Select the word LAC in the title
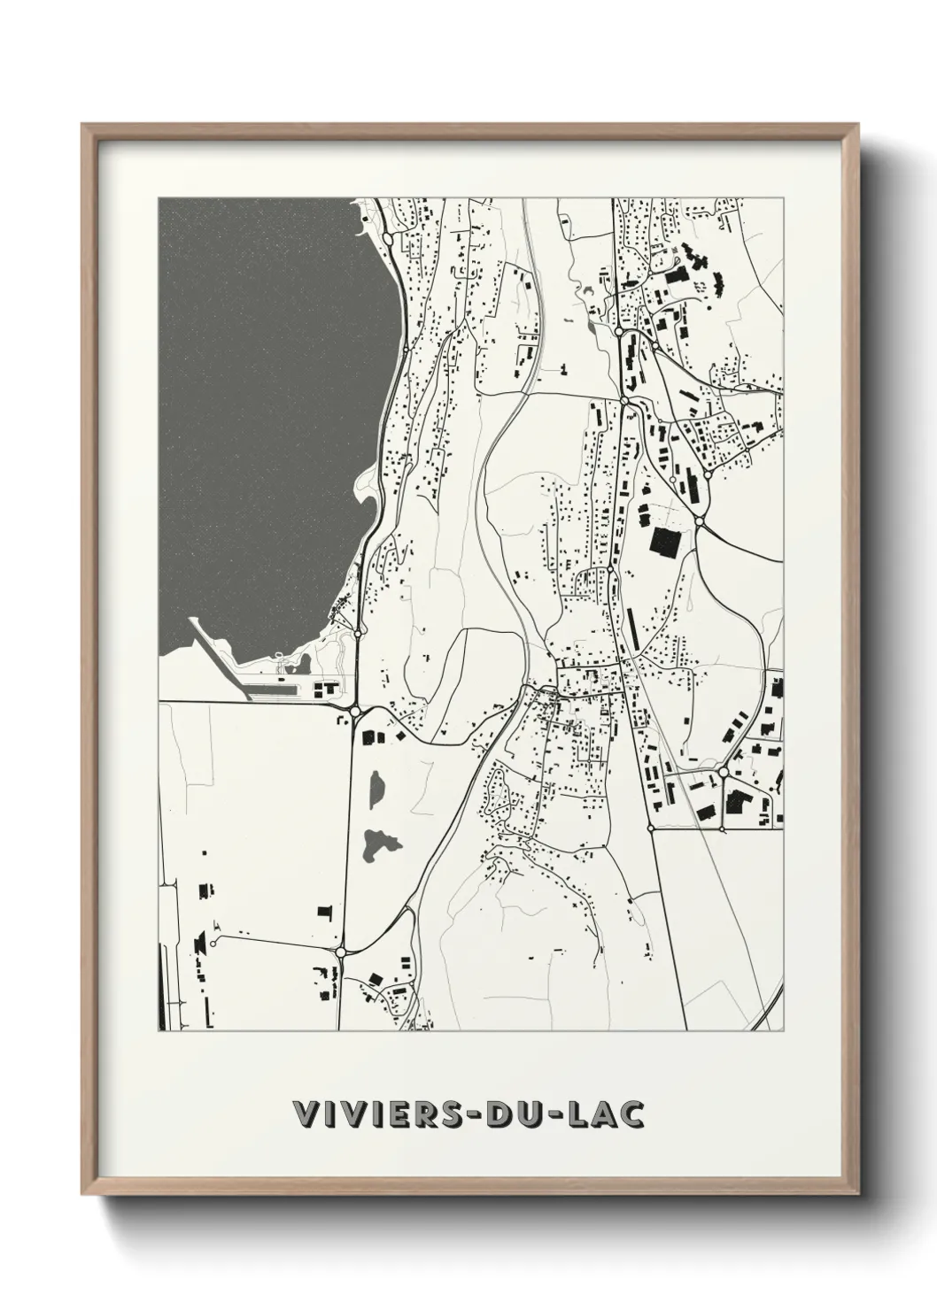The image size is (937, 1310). click(x=602, y=1115)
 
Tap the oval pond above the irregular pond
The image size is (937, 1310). click(x=377, y=787)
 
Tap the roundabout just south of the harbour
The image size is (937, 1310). click(x=354, y=711)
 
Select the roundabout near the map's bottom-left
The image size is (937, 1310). click(x=341, y=952)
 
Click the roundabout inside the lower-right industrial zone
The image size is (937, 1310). click(x=724, y=773)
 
